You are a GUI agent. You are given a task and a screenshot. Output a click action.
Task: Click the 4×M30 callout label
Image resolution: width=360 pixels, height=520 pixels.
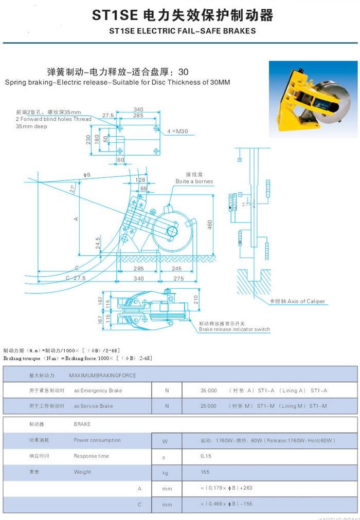(x=177, y=131)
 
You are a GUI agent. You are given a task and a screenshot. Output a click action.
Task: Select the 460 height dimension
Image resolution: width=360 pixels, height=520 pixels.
(x=210, y=225)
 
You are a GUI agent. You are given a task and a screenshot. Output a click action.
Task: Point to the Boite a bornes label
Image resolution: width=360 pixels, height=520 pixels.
(x=194, y=181)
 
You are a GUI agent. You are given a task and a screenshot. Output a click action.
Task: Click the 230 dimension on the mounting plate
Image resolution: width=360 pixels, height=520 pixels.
(x=88, y=139)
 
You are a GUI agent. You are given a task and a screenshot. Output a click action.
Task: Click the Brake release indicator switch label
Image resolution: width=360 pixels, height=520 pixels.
(x=234, y=329)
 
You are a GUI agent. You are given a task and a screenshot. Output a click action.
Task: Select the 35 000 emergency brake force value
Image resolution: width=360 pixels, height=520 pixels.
(x=209, y=391)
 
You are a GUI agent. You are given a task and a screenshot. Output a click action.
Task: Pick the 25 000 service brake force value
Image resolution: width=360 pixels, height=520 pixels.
(x=208, y=406)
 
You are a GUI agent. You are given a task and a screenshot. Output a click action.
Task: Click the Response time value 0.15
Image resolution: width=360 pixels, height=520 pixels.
(x=206, y=456)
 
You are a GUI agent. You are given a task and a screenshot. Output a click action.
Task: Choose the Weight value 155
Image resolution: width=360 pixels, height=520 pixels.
(x=205, y=472)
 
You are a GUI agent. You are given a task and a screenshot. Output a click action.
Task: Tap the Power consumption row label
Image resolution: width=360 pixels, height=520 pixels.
(x=97, y=440)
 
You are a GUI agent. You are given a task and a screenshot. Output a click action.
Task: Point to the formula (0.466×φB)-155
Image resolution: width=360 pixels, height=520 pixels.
(x=226, y=504)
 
